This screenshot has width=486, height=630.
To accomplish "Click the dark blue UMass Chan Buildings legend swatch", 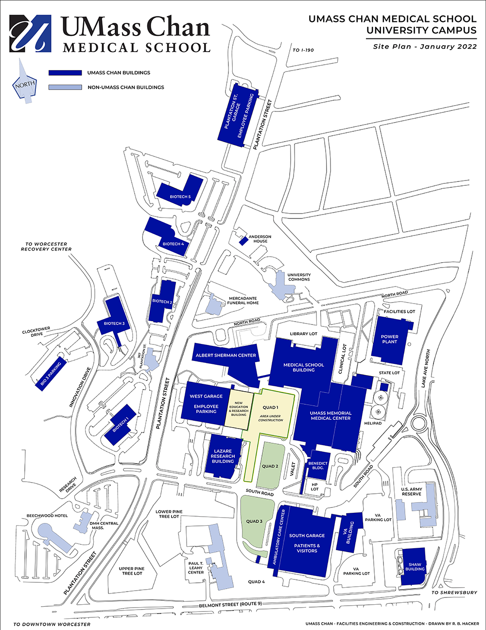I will pos(65,73).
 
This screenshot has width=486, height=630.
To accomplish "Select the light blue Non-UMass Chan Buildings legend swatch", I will pos(65,88).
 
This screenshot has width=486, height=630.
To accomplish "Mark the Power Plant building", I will pos(389,339).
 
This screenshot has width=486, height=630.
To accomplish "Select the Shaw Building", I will pos(414,565).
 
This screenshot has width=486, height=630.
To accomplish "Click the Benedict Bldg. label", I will pos(318,466).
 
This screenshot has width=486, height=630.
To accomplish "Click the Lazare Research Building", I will pos(223,456).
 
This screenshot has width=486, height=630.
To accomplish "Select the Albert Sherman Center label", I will pos(226,356).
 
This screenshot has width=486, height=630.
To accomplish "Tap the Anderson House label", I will pos(260,239).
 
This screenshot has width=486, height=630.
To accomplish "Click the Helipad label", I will pos(373,423).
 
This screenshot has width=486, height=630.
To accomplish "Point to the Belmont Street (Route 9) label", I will pos(230,604).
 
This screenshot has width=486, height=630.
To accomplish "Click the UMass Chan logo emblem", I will pos(30,33).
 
